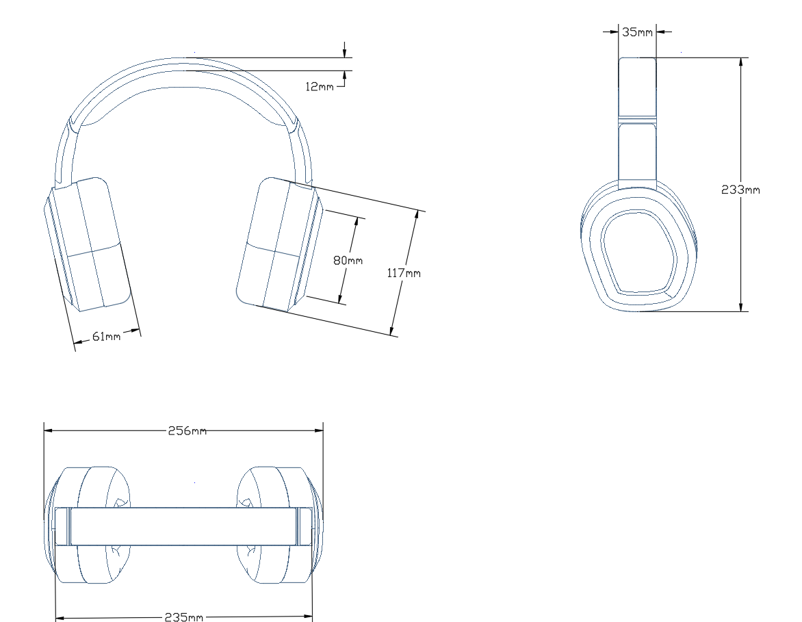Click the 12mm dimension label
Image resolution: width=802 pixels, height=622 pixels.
[x=320, y=86]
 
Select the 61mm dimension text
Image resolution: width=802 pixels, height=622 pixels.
[x=106, y=336]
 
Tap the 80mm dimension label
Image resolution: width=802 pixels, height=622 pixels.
[x=348, y=260]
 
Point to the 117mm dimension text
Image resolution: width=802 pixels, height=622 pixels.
[x=404, y=273]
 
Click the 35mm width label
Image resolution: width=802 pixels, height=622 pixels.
[x=637, y=31]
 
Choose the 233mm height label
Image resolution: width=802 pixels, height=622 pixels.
[x=740, y=190]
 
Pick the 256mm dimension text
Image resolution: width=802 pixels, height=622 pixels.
[x=187, y=431]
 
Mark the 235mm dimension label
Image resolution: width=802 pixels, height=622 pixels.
[x=184, y=617]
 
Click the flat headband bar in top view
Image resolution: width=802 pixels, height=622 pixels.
[x=184, y=526]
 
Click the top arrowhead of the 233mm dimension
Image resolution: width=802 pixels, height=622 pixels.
[x=740, y=62]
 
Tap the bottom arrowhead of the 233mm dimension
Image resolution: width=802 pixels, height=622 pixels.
[x=740, y=307]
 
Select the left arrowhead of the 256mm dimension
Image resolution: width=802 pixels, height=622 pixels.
[x=49, y=430]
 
